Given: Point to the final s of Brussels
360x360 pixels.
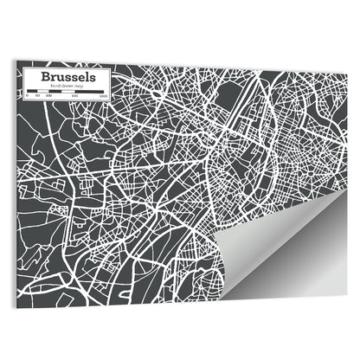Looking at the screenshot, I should click(104, 76).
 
